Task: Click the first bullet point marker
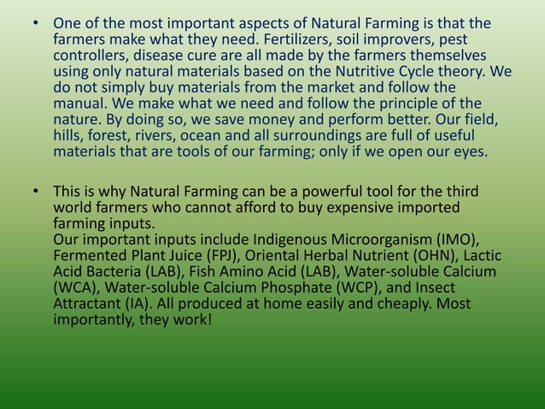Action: (37, 23)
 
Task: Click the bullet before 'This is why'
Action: (37, 191)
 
